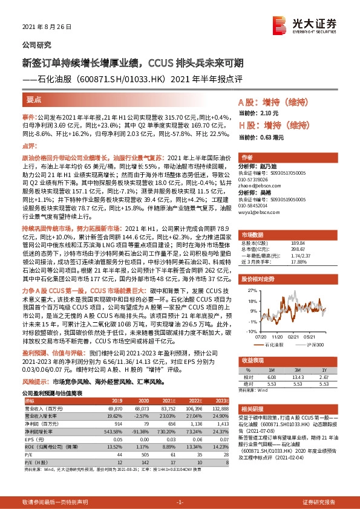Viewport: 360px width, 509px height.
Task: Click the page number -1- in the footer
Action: (x=179, y=502)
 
